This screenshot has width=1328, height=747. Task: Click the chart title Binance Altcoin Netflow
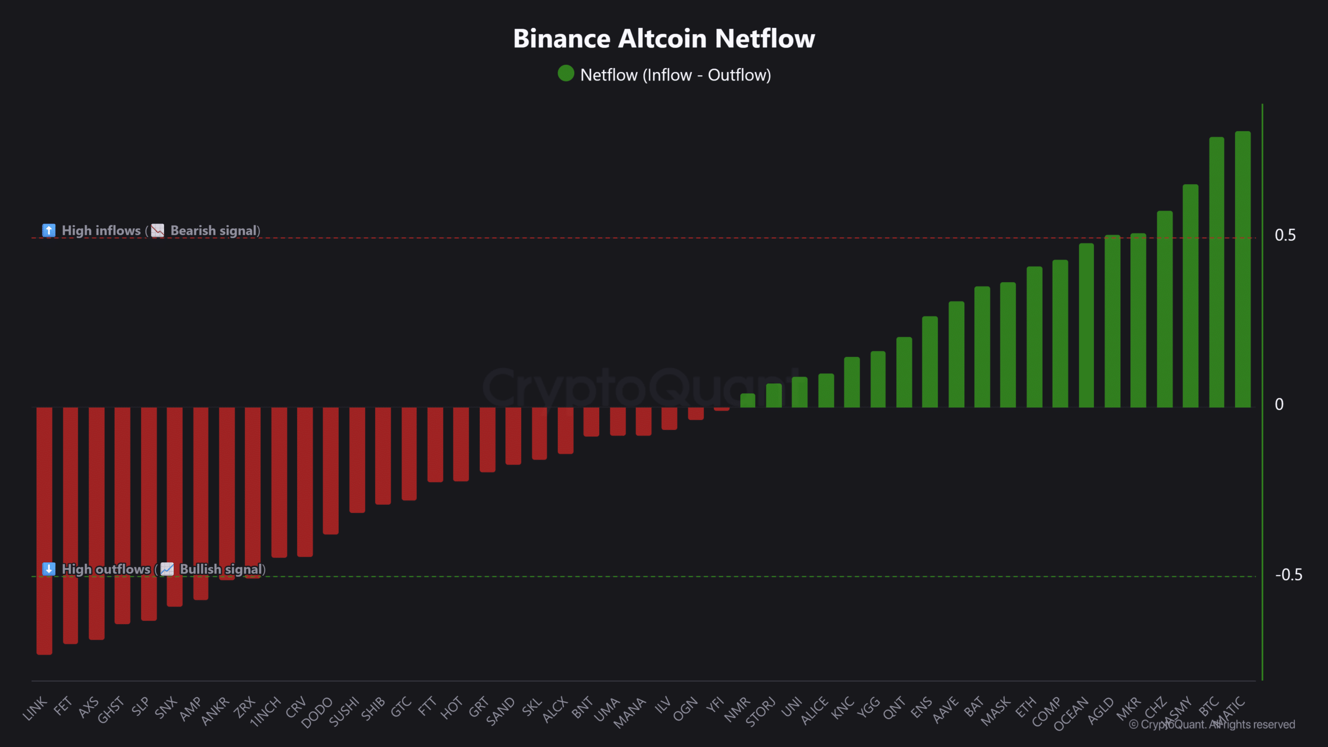[664, 39]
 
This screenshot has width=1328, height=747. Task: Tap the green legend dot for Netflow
[565, 74]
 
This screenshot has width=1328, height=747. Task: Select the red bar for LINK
[45, 529]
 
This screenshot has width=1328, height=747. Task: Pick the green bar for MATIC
[1243, 270]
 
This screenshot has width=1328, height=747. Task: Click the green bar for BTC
[1216, 272]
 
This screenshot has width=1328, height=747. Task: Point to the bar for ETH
[1034, 337]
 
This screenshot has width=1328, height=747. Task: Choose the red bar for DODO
[330, 469]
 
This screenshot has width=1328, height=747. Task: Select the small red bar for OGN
[696, 413]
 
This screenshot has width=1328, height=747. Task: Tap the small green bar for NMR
[748, 400]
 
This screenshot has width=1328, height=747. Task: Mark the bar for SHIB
[383, 455]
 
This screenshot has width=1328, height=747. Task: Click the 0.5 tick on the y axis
[1285, 236]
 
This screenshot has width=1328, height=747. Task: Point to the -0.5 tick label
[1288, 575]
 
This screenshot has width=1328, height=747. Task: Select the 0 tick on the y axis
[1279, 405]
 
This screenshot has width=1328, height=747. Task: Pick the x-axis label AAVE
[945, 710]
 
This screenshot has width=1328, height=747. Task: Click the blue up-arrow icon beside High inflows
[49, 230]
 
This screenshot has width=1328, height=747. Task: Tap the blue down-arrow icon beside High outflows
[49, 569]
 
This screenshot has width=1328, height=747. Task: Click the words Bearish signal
[214, 231]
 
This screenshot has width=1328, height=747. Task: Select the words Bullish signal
[221, 570]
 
